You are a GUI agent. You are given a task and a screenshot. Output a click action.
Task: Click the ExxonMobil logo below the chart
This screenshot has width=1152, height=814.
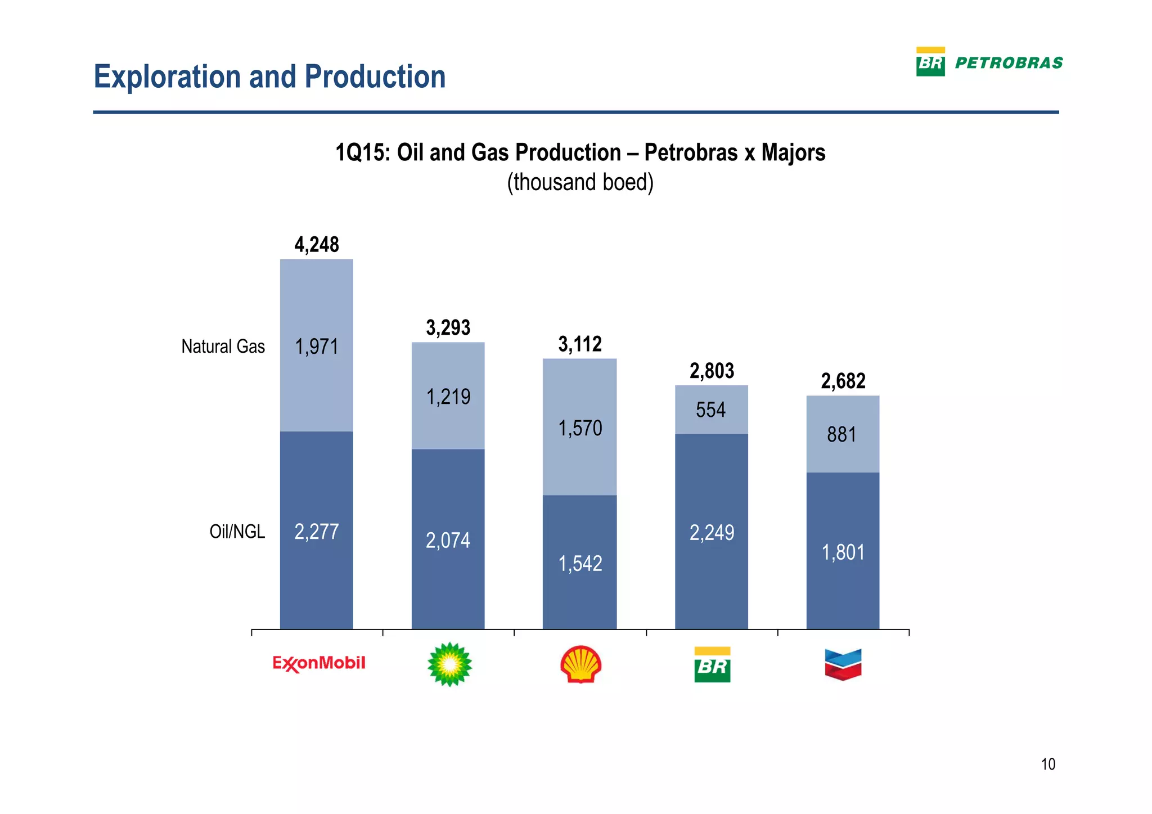click(x=319, y=664)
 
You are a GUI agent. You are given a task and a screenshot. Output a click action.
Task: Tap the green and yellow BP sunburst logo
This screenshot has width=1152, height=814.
click(x=449, y=665)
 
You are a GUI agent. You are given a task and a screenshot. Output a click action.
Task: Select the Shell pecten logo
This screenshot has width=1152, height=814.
click(x=580, y=664)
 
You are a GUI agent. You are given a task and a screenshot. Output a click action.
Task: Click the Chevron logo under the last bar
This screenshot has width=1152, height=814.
click(x=843, y=664)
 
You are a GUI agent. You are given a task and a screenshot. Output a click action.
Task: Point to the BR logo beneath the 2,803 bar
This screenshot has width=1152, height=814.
click(x=712, y=665)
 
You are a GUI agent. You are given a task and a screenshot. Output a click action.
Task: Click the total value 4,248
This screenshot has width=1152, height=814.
click(x=317, y=245)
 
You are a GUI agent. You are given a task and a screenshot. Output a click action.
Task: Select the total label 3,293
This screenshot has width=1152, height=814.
click(x=448, y=327)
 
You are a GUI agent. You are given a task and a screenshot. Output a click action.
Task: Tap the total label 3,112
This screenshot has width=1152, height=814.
click(x=580, y=344)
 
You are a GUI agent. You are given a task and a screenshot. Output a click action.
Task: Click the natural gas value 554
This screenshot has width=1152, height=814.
click(x=710, y=410)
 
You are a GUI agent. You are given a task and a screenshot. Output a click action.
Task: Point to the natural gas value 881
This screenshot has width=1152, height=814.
click(x=841, y=434)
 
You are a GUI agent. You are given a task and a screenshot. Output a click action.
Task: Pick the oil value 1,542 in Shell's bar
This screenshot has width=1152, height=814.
click(x=580, y=563)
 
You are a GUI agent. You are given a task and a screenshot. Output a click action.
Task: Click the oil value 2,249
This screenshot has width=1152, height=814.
click(x=712, y=532)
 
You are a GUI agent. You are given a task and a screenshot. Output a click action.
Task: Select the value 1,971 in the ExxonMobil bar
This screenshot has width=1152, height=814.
click(x=317, y=347)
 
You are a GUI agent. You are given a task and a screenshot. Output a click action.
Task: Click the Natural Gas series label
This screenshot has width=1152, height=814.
click(x=223, y=347)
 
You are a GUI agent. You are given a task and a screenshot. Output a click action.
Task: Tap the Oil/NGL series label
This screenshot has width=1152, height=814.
click(x=237, y=531)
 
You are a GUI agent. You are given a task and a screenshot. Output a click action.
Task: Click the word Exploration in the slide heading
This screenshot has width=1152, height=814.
click(x=166, y=77)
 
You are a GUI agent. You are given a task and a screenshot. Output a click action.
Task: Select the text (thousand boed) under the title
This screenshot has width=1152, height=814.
click(x=580, y=183)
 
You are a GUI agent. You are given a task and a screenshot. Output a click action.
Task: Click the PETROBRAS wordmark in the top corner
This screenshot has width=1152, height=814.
click(x=1009, y=63)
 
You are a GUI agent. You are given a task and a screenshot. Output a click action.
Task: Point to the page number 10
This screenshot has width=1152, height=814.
click(x=1048, y=764)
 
